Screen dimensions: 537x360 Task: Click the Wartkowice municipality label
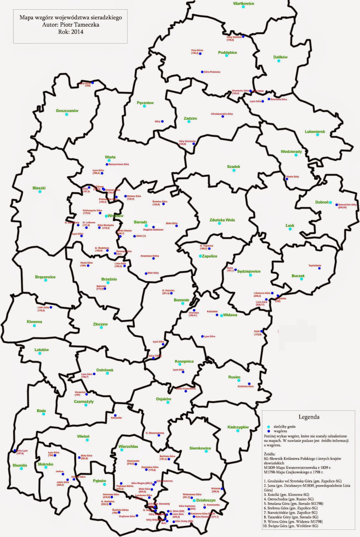pos(243,3)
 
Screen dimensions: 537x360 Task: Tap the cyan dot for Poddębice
pos(227,55)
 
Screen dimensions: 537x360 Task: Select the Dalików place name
pos(280,57)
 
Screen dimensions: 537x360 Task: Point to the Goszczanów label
pos(67,111)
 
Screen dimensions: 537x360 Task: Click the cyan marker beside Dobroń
pos(330,202)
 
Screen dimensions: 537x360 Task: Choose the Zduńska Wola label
pos(222,220)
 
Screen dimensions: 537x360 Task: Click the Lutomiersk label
pos(315,132)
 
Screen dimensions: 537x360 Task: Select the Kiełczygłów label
pos(238,427)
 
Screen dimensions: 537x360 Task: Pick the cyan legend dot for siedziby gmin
pos(268,426)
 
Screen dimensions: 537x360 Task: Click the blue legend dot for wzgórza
pos(268,431)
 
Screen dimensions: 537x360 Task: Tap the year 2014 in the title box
pos(77,32)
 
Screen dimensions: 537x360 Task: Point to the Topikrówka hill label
pos(315,265)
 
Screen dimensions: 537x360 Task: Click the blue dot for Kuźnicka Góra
pos(249,384)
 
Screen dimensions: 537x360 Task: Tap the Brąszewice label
pos(45,277)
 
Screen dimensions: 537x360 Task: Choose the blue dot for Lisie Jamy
pos(51,307)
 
